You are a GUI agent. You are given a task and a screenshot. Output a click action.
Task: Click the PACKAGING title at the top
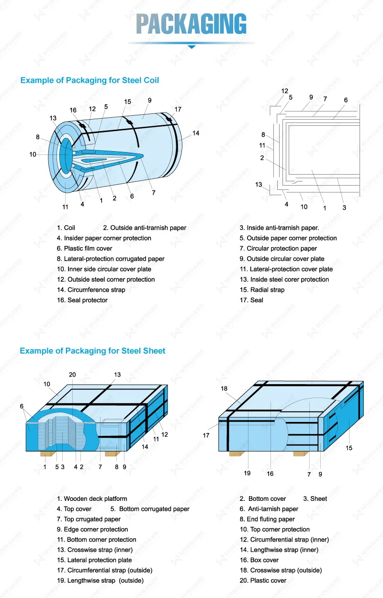191,24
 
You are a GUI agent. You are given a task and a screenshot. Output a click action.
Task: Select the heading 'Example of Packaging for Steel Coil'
90,80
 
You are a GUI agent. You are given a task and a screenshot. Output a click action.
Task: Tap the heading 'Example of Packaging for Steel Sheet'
92,351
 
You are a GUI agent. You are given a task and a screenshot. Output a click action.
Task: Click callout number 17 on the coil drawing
178,110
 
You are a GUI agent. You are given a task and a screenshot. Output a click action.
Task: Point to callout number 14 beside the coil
196,133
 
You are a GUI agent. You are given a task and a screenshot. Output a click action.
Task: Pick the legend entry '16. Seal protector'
82,300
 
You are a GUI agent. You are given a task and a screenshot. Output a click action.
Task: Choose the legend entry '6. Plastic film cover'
85,248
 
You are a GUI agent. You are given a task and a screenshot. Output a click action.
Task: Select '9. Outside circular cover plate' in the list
282,259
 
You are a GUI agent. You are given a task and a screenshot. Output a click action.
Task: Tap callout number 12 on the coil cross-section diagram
285,91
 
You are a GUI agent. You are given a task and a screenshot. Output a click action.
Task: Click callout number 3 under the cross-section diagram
344,208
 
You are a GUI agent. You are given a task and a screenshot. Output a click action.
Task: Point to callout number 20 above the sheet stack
72,375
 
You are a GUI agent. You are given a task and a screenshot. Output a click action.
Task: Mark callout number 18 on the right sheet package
224,389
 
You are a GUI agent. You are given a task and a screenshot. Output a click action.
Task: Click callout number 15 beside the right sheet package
349,448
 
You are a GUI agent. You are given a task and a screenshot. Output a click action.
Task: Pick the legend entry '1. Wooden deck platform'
92,498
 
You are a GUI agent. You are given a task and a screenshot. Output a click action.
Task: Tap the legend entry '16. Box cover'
259,560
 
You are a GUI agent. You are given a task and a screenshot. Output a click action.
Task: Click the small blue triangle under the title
191,47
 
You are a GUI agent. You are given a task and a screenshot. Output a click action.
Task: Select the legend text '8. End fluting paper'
267,519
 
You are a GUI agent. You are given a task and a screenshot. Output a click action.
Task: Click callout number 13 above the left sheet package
117,375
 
